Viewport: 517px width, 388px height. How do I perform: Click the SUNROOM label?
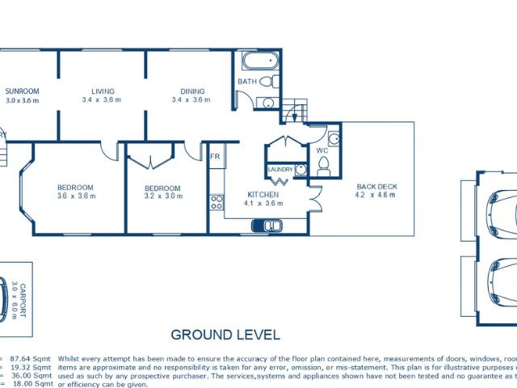pyautogui.click(x=22, y=91)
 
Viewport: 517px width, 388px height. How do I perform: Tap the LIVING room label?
pyautogui.click(x=102, y=91)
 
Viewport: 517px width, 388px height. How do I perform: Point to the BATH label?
pyautogui.click(x=247, y=82)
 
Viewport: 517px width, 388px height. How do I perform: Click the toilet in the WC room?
pyautogui.click(x=324, y=167)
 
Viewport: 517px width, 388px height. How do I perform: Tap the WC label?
pyautogui.click(x=322, y=150)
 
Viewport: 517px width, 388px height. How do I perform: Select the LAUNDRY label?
pyautogui.click(x=280, y=169)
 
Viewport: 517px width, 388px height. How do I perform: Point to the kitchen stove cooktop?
pyautogui.click(x=216, y=201)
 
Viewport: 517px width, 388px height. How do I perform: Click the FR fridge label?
pyautogui.click(x=216, y=156)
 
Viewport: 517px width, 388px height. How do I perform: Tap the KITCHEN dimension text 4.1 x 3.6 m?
pyautogui.click(x=264, y=204)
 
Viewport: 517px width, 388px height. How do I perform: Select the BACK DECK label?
pyautogui.click(x=376, y=187)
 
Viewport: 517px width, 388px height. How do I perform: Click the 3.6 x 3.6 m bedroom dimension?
pyautogui.click(x=76, y=196)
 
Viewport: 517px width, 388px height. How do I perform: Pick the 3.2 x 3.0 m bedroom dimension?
pyautogui.click(x=162, y=196)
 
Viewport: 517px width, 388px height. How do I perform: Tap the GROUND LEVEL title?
pyautogui.click(x=225, y=334)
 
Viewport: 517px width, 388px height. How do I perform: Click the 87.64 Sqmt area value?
pyautogui.click(x=30, y=356)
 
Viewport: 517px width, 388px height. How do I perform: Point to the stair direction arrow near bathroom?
pyautogui.click(x=296, y=115)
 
